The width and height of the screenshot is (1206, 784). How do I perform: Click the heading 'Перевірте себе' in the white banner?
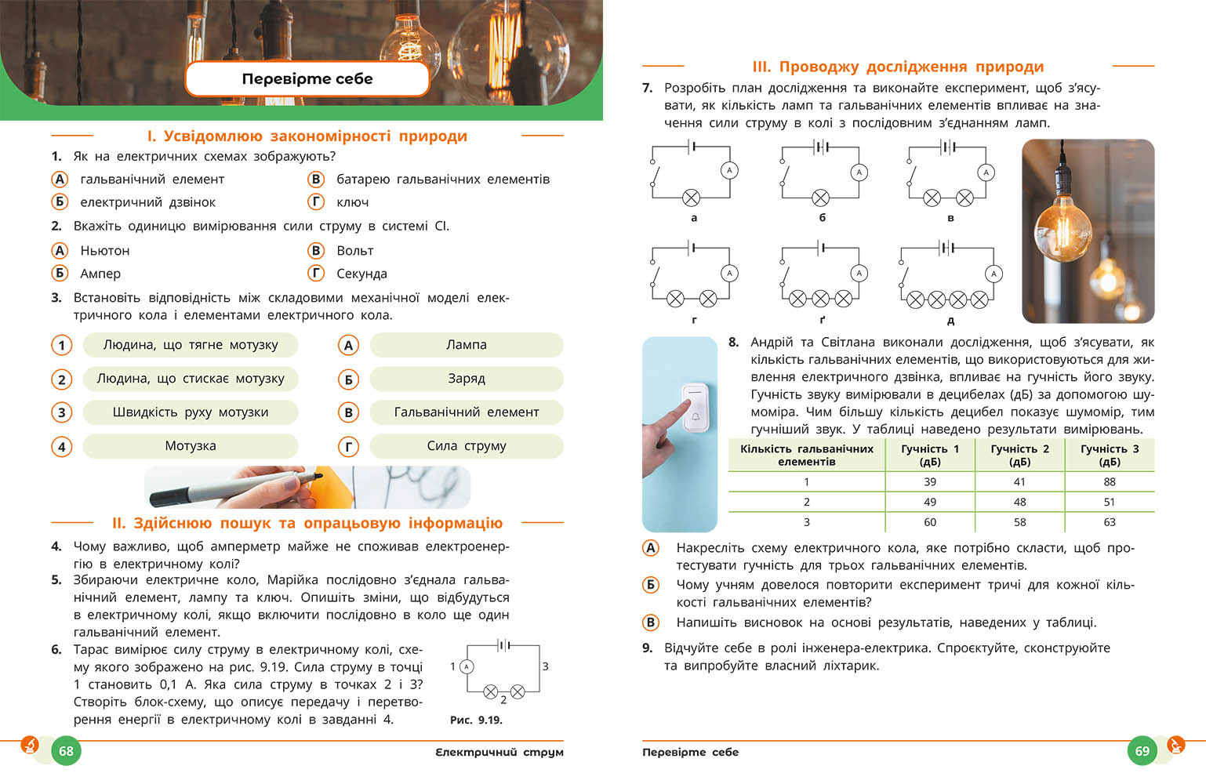(307, 78)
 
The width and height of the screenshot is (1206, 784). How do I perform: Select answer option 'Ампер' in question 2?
(100, 274)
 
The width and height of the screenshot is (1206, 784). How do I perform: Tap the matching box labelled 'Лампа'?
(467, 345)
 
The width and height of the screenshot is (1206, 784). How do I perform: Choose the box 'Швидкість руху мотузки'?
(191, 412)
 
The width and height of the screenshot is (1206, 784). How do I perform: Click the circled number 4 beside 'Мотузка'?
(62, 447)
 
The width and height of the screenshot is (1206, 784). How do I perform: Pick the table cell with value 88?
(1110, 481)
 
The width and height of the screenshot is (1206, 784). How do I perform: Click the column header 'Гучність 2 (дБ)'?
(1019, 455)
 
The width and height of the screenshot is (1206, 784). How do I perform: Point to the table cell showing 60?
(930, 522)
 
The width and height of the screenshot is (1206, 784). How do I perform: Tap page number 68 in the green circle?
(66, 751)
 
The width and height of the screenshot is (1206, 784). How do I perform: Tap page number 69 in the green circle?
(1142, 751)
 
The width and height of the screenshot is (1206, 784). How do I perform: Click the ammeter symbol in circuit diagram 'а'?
(729, 170)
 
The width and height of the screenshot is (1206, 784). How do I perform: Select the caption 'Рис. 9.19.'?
(476, 720)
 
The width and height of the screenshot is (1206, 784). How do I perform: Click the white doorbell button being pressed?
(695, 407)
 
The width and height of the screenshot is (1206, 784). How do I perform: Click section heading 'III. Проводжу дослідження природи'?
(898, 67)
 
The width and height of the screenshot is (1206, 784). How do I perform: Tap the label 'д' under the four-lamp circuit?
(950, 320)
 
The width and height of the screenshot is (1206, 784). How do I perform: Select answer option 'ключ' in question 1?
(352, 202)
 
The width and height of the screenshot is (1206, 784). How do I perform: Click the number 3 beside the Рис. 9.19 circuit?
(545, 666)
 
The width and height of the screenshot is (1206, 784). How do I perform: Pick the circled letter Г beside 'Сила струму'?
(348, 447)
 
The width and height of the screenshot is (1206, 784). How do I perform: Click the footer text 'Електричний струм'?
(499, 752)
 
